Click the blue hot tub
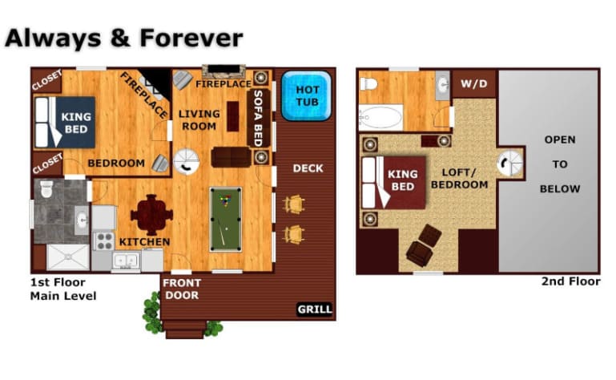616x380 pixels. click(307, 95)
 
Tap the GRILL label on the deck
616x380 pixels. click(315, 309)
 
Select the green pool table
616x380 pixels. click(226, 219)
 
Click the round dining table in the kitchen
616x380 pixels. click(151, 215)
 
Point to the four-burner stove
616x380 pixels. click(103, 241)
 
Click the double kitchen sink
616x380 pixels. click(126, 261)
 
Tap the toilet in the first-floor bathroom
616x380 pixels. click(46, 189)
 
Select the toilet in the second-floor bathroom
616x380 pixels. click(369, 84)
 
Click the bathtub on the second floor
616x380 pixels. click(381, 117)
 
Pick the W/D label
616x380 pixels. click(473, 83)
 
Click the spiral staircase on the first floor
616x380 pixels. click(186, 161)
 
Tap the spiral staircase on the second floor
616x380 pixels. click(509, 164)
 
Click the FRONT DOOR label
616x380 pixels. click(182, 289)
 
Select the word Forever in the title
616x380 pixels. click(191, 38)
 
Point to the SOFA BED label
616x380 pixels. click(258, 118)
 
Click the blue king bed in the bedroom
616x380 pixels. click(65, 123)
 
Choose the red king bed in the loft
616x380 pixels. click(394, 183)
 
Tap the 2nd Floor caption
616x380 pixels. click(571, 281)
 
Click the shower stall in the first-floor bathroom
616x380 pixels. click(68, 257)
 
